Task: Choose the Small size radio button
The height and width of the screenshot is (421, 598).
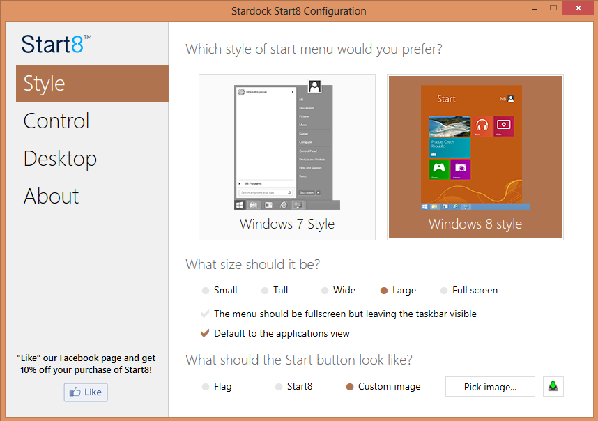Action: click(205, 291)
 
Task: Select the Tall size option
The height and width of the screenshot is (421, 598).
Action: click(265, 291)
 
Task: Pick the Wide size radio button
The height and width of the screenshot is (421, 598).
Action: click(325, 291)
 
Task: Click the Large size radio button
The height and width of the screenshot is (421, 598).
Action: click(384, 291)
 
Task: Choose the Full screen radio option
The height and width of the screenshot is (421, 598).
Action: click(444, 291)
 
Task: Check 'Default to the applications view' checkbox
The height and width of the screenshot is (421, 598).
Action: click(205, 333)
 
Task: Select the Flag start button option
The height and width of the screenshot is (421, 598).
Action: click(205, 387)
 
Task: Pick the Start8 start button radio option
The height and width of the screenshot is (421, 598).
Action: click(279, 387)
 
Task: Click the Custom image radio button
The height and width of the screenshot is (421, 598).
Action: click(350, 387)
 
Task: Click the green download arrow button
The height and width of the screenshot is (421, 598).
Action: click(553, 386)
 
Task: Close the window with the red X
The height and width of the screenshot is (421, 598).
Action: click(577, 8)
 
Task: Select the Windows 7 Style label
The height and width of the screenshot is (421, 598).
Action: click(287, 224)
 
